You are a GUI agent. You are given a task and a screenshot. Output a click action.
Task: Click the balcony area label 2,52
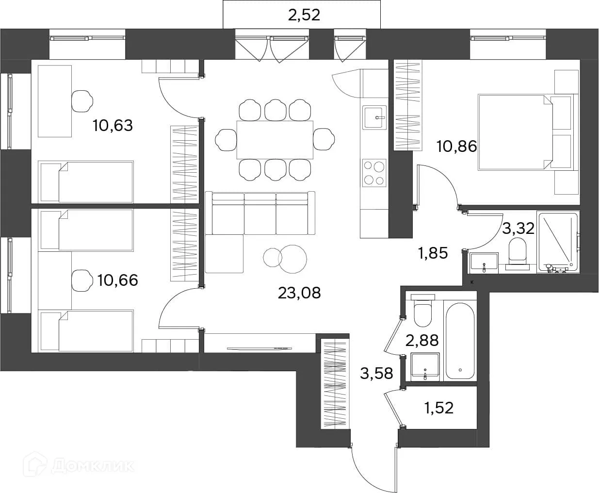[304, 16]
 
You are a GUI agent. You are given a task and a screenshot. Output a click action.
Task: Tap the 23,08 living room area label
[299, 293]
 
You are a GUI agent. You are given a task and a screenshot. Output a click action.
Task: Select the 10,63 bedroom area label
[113, 126]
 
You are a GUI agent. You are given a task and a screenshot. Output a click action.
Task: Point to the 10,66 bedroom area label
[117, 280]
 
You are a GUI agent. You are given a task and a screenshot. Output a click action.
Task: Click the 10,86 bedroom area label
[457, 147]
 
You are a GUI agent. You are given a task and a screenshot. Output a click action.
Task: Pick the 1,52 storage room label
[439, 408]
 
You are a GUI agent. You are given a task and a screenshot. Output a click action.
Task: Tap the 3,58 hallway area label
[376, 373]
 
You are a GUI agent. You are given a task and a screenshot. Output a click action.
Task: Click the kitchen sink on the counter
[375, 117]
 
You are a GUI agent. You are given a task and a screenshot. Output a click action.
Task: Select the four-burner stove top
[374, 173]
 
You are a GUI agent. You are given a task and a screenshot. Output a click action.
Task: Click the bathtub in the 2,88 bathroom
[460, 341]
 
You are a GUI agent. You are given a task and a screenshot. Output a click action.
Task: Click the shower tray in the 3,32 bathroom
[557, 242]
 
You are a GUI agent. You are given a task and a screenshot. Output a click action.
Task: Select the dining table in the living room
[275, 140]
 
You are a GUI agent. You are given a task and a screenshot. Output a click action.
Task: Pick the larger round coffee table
[292, 259]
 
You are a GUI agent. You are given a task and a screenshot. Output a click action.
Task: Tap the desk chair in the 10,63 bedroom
[82, 101]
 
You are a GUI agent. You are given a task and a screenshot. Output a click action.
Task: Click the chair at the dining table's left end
[226, 140]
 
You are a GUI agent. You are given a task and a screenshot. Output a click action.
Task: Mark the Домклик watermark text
[79, 466]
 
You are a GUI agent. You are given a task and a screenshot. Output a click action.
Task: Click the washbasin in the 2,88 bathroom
[425, 367]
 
